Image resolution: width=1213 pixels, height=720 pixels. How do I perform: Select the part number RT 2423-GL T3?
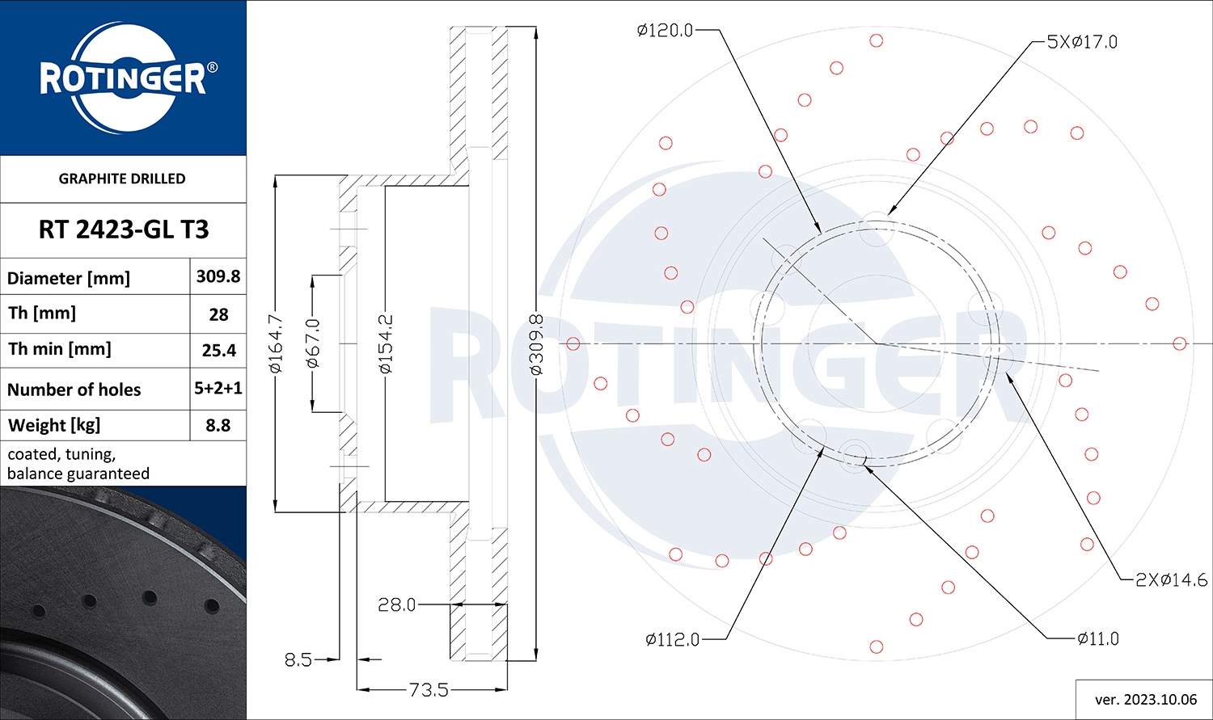pyautogui.click(x=124, y=229)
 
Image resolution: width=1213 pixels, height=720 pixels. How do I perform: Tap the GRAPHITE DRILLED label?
pyautogui.click(x=122, y=179)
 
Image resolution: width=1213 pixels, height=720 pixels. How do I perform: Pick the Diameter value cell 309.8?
pyautogui.click(x=218, y=276)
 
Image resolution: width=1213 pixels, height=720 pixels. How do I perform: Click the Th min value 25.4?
pyautogui.click(x=219, y=351)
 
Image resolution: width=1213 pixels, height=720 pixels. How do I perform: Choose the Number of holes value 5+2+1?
pyautogui.click(x=218, y=388)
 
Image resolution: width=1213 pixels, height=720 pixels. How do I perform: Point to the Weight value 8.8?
pyautogui.click(x=218, y=425)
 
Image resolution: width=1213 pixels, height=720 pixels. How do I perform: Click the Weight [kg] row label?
pyautogui.click(x=54, y=426)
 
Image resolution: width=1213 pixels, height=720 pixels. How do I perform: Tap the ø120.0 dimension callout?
pyautogui.click(x=665, y=30)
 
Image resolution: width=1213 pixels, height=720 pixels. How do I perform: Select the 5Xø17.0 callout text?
pyautogui.click(x=1082, y=42)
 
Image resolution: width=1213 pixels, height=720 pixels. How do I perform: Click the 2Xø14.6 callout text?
pyautogui.click(x=1171, y=580)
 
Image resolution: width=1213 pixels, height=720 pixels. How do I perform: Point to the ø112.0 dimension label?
pyautogui.click(x=673, y=640)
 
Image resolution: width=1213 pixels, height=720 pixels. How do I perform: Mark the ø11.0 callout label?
pyautogui.click(x=1098, y=639)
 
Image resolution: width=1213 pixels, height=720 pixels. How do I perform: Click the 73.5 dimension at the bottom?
pyautogui.click(x=429, y=690)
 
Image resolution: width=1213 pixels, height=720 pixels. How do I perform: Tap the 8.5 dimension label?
pyautogui.click(x=298, y=660)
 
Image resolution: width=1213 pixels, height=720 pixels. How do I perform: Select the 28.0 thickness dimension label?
pyautogui.click(x=396, y=604)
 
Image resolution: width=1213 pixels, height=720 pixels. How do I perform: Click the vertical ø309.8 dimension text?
pyautogui.click(x=536, y=345)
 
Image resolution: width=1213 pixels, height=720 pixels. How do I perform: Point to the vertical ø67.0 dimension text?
pyautogui.click(x=313, y=343)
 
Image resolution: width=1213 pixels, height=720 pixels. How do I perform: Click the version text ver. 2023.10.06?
pyautogui.click(x=1146, y=700)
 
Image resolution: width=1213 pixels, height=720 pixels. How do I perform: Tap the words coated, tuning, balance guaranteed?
pyautogui.click(x=78, y=464)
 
